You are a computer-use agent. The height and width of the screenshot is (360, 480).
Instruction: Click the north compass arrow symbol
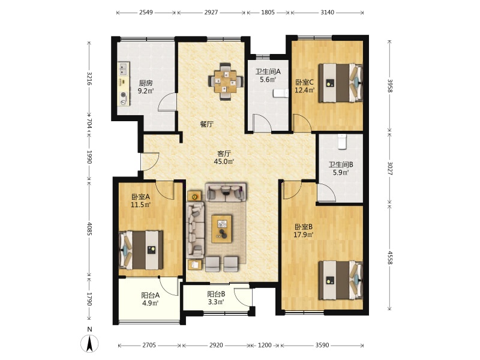89,343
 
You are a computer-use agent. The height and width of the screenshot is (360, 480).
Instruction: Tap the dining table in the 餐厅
226,82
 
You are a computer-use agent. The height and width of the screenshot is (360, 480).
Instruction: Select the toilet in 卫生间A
280,94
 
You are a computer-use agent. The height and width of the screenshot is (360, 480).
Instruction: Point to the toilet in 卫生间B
342,142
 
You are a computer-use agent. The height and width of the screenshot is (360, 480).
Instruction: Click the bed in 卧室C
340,83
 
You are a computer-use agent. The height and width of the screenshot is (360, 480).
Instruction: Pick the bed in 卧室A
141,250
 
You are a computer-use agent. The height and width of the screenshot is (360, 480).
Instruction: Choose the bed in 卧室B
340,280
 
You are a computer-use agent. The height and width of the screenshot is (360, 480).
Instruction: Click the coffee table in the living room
222,229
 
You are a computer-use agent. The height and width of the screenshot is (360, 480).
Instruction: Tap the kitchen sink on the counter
124,69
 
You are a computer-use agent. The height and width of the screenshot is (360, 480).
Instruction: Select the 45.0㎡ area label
224,161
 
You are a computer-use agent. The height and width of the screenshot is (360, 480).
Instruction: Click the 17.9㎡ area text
304,235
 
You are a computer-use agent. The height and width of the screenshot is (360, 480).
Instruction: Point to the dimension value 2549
146,13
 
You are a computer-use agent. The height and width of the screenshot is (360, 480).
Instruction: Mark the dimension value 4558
389,258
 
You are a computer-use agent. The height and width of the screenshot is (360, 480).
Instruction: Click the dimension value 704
89,124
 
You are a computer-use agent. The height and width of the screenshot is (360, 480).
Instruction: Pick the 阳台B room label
216,294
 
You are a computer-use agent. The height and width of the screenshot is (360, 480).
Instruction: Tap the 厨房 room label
146,83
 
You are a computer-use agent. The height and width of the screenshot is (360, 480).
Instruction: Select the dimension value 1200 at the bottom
265,346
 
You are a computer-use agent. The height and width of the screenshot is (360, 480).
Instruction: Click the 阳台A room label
151,295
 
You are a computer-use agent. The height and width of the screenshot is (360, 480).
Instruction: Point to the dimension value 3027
389,169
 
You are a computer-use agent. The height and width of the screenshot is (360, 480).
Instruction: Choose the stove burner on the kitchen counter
124,95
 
